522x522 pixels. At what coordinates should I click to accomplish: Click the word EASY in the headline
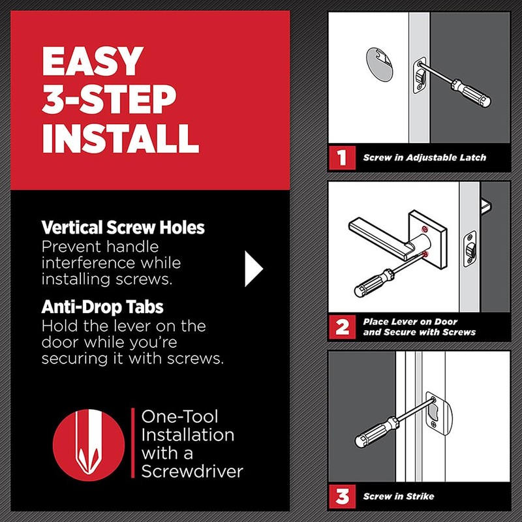point(93,61)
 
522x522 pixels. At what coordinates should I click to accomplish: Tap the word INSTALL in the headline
point(121,138)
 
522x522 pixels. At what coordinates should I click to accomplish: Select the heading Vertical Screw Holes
point(123,227)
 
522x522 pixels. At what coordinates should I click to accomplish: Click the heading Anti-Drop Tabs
point(102,307)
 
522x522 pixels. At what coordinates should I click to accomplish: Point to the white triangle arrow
point(254,269)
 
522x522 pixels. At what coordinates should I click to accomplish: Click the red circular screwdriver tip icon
point(89,445)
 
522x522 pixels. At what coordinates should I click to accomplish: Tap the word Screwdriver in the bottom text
point(192,471)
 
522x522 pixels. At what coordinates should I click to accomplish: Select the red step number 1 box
point(342,157)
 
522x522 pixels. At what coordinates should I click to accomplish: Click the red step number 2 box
point(342,327)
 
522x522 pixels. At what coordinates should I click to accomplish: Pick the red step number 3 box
point(342,497)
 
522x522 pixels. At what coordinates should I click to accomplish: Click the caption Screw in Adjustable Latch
point(425,157)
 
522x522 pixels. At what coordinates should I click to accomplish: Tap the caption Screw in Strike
point(399,497)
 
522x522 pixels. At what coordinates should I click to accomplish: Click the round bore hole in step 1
point(380,64)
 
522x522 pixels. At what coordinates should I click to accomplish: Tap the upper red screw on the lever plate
point(425,229)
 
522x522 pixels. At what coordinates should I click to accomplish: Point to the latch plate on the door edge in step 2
point(470,249)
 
